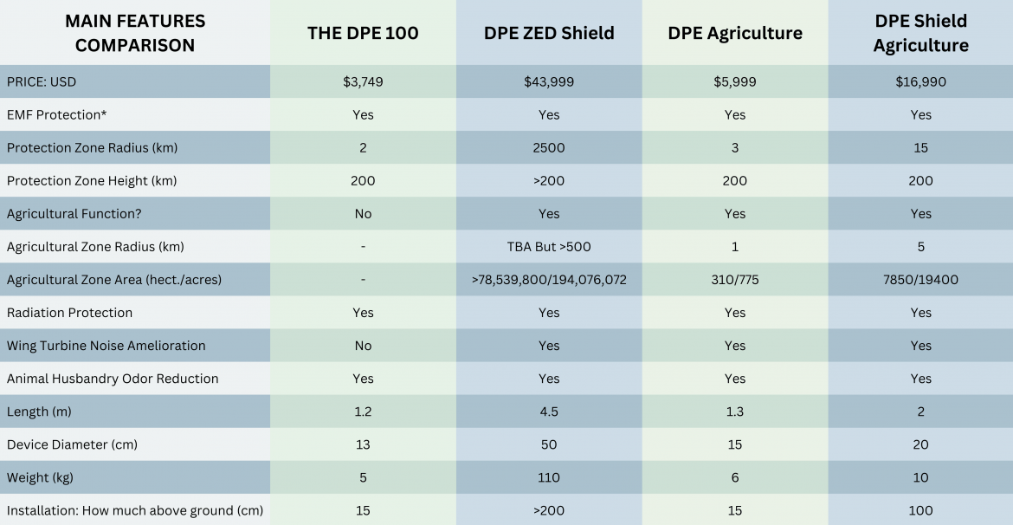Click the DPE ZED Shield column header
click(549, 34)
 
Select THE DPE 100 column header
click(363, 34)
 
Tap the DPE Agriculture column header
click(735, 34)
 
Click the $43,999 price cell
click(549, 82)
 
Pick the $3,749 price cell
click(363, 82)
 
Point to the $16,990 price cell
click(920, 82)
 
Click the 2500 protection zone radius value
click(549, 148)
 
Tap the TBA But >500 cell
click(549, 247)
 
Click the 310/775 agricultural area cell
click(735, 280)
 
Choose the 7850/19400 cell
click(920, 280)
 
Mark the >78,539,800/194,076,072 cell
click(549, 280)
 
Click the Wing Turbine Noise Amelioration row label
click(106, 346)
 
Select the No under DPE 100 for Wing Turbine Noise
click(363, 346)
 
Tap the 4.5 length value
click(549, 412)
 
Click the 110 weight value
click(549, 477)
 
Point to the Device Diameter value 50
click(549, 444)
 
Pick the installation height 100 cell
click(920, 510)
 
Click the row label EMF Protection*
click(56, 115)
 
